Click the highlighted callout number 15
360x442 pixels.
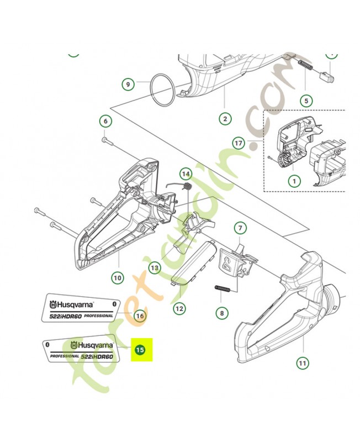point(140,350)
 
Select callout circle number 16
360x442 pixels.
point(140,315)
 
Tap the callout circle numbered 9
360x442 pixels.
point(128,85)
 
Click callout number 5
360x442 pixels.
point(305,101)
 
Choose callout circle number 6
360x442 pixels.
point(105,121)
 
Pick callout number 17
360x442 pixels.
point(240,228)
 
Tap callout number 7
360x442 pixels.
point(117,278)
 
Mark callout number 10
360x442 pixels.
point(303,362)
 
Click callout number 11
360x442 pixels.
point(303,362)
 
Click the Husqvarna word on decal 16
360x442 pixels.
point(76,304)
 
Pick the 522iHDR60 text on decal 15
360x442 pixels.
point(97,357)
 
